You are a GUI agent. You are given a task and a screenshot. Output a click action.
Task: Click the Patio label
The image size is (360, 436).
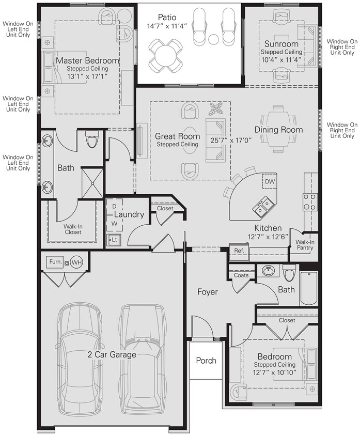(x=167, y=18)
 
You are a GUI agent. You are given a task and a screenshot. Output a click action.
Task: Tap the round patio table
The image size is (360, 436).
(x=166, y=55)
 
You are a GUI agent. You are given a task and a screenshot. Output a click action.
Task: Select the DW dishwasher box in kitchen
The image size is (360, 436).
(x=270, y=182)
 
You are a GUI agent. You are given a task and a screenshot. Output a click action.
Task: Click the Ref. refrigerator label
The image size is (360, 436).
(x=239, y=251)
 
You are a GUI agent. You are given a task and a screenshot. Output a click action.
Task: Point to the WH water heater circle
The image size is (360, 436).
(x=76, y=262)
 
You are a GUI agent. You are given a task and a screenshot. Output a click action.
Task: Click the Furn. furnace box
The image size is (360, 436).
(x=55, y=262)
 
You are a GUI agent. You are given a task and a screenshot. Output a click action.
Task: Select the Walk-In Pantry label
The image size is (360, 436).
(x=304, y=244)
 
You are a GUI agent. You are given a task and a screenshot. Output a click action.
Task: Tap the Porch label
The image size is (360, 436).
(x=206, y=361)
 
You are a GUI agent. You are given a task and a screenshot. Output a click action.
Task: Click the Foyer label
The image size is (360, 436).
(x=208, y=292)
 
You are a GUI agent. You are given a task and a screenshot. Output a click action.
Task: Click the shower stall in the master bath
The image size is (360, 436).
(x=92, y=183)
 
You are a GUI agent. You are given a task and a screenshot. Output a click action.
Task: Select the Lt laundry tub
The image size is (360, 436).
(x=114, y=240)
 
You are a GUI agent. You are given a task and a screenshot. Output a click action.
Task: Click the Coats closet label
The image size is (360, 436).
(x=241, y=275)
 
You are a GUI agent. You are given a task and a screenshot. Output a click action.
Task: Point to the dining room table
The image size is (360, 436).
(x=278, y=129)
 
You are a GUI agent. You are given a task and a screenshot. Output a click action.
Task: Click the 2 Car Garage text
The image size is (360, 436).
(x=112, y=354)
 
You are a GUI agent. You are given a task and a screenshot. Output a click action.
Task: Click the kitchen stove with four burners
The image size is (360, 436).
(x=310, y=201)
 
